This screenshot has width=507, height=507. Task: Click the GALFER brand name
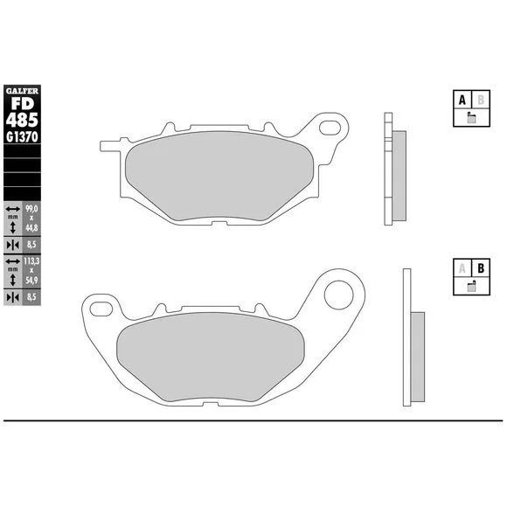point(22,91)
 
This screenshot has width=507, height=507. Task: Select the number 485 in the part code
point(22,121)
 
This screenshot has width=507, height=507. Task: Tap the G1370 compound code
point(22,137)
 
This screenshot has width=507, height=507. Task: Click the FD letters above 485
point(23,104)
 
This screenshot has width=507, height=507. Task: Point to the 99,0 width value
point(31,209)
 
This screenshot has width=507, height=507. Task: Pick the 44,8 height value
point(31,228)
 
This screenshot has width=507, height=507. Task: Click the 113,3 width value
point(31,261)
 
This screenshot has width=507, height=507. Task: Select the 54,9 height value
point(31,280)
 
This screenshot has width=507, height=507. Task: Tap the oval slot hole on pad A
point(330,128)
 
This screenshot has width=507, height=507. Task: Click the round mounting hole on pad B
point(339,295)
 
